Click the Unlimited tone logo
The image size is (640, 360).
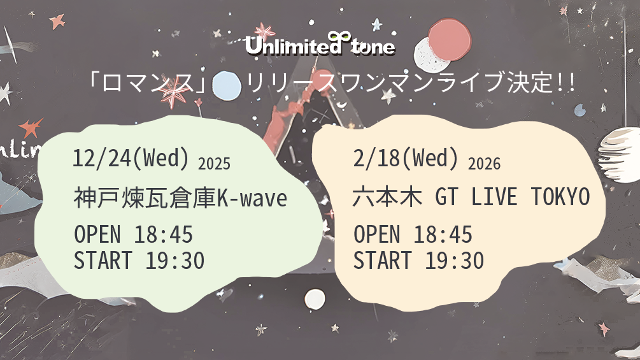point(320,44)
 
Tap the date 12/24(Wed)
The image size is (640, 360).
point(131,158)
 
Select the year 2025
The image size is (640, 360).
point(214,164)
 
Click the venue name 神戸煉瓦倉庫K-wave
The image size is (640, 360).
point(180,198)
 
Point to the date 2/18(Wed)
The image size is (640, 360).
point(405,158)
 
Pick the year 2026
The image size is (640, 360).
point(484,164)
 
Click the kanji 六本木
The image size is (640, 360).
point(387,197)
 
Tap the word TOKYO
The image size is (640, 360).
point(560,197)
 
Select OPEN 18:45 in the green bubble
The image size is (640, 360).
point(134,234)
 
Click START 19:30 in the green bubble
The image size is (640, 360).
point(139,261)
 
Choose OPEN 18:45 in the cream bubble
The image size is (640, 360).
point(413,234)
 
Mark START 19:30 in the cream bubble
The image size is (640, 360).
point(419,261)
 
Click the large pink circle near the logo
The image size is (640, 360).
point(450,39)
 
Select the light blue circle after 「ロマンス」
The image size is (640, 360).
point(227,86)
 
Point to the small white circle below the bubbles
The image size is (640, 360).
point(315,299)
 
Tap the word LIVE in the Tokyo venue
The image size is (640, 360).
point(494,197)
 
